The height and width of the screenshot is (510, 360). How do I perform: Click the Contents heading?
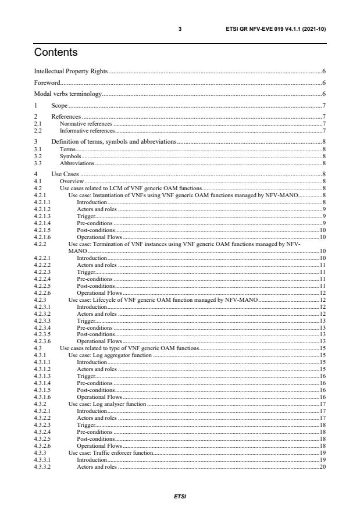[56, 53]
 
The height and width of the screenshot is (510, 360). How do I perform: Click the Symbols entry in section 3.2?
[70, 156]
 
